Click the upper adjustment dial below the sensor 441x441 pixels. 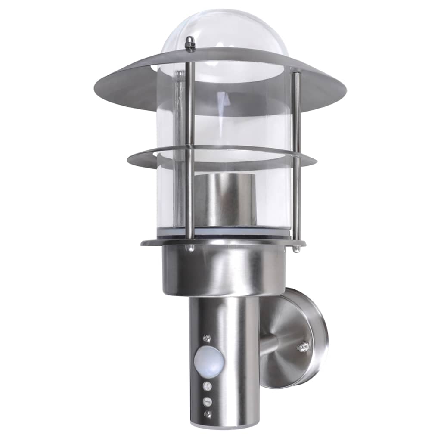click(x=208, y=385)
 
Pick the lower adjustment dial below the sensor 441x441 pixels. click(x=208, y=401)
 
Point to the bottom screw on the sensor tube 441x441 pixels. click(x=208, y=414)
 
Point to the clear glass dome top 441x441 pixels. click(x=224, y=30)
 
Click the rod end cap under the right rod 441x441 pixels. click(x=296, y=249)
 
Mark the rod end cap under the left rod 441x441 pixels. click(x=189, y=248)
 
